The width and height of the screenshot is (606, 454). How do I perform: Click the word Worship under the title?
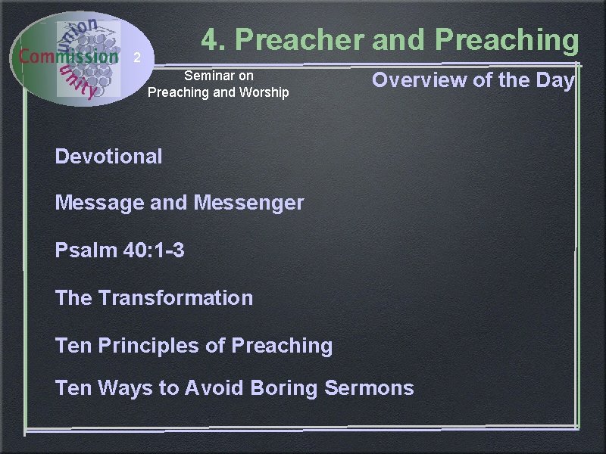[x=261, y=92]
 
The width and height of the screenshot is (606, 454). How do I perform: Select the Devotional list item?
[x=108, y=157]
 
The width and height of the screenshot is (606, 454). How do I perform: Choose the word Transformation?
[x=175, y=297]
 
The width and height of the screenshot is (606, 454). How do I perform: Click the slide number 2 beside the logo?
[x=136, y=58]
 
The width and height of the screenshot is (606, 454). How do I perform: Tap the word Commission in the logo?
[x=68, y=56]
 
